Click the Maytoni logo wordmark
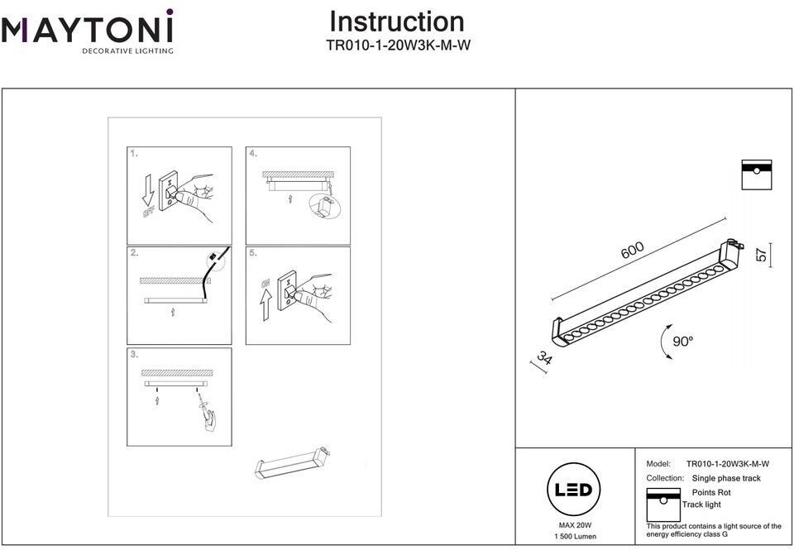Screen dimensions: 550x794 [x=87, y=31]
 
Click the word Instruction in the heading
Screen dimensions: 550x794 [x=397, y=22]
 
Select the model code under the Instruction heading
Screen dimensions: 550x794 [x=398, y=46]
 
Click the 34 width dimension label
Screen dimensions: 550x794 [x=543, y=361]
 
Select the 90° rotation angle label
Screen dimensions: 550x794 [x=682, y=342]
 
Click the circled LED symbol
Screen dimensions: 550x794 [x=573, y=490]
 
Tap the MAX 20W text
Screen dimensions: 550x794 [x=574, y=525]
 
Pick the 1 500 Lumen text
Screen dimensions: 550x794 [x=574, y=538]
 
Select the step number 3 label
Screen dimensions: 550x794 [x=134, y=355]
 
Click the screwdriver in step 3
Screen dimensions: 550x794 [x=203, y=409]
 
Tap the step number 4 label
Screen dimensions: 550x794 [x=253, y=154]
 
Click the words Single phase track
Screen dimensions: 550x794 [x=726, y=478]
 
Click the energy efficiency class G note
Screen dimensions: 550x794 [x=714, y=530]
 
